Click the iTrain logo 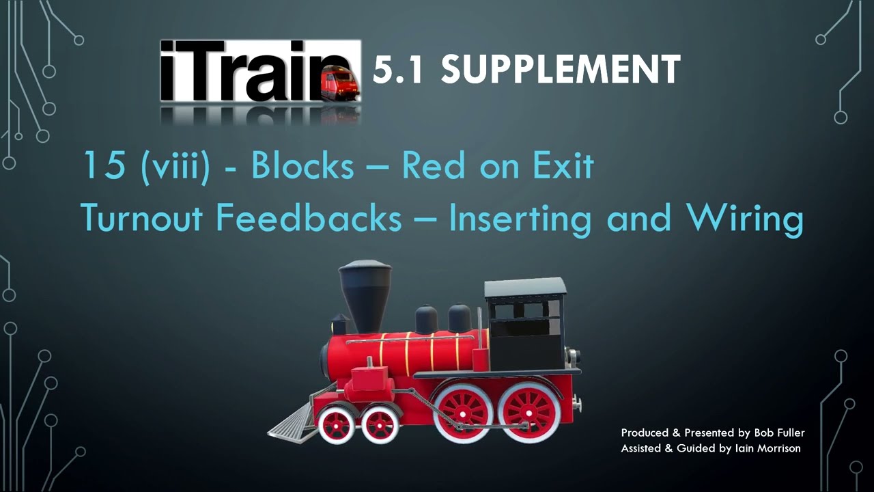(x=259, y=72)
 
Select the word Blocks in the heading (x=302, y=166)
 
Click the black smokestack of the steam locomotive (x=365, y=294)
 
